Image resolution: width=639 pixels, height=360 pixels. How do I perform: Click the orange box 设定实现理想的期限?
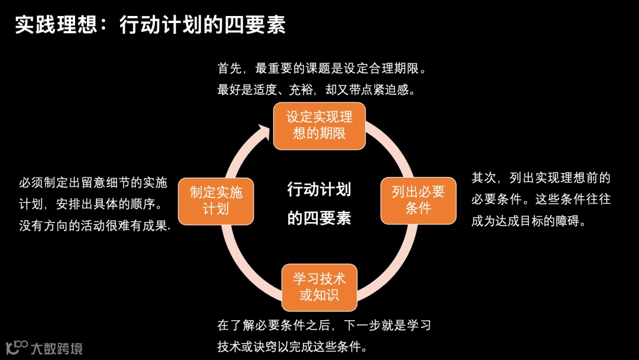pos(319,126)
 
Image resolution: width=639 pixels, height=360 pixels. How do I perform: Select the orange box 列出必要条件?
pos(418,200)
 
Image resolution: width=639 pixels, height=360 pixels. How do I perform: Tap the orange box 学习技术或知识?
pos(319,287)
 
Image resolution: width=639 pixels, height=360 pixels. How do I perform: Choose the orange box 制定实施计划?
pos(216,201)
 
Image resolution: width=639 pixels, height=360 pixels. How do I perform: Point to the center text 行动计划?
pos(319,189)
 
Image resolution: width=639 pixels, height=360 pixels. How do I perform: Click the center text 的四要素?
pos(319,218)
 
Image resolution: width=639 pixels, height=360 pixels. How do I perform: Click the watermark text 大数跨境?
pos(57,348)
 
